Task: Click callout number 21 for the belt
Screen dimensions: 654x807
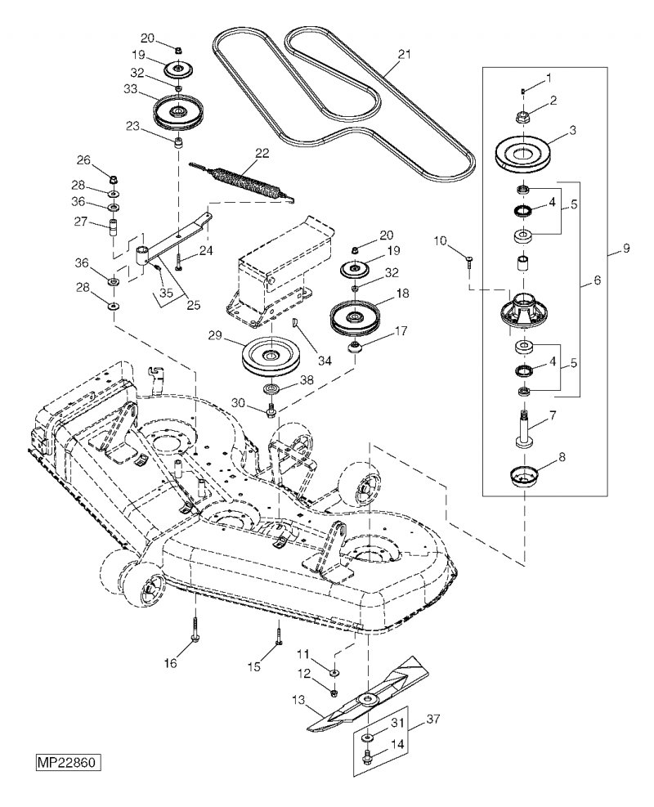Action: click(x=405, y=54)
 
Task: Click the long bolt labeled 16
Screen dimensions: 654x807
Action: click(x=196, y=625)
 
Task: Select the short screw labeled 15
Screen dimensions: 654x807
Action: click(x=279, y=632)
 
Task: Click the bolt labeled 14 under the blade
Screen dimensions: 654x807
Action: click(x=367, y=756)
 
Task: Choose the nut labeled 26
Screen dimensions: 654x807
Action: click(x=112, y=180)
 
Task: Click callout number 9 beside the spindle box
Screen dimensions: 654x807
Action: click(x=625, y=249)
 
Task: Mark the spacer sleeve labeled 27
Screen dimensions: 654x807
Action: click(x=113, y=227)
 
